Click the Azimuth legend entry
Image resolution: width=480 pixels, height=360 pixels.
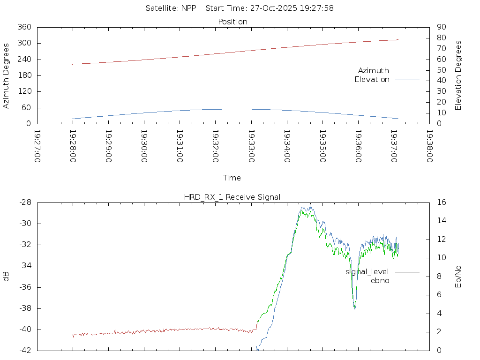coord(374,70)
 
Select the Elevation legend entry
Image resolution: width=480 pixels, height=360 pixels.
coord(372,80)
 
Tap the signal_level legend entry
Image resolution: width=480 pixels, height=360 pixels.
coord(367,272)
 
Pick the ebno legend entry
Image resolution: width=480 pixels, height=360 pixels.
coord(380,281)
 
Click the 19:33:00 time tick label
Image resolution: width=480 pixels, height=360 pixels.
coord(251,146)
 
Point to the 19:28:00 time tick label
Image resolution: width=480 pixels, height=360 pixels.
coord(73,146)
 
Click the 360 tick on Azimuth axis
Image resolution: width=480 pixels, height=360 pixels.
coord(24,27)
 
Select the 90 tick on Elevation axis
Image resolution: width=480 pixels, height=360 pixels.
coord(441,27)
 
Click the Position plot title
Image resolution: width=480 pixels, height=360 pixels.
coord(232,22)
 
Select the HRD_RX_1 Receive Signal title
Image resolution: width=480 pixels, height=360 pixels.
coord(232,197)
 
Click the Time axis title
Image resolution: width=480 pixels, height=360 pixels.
coord(232,178)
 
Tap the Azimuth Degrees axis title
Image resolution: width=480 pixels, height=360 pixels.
coord(7,75)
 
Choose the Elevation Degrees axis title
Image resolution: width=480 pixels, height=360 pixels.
coord(458,75)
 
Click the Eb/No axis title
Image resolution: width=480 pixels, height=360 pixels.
coord(458,276)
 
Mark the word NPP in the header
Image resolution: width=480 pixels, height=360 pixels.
coord(189,8)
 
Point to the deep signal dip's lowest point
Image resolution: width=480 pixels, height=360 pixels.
coord(355,308)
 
